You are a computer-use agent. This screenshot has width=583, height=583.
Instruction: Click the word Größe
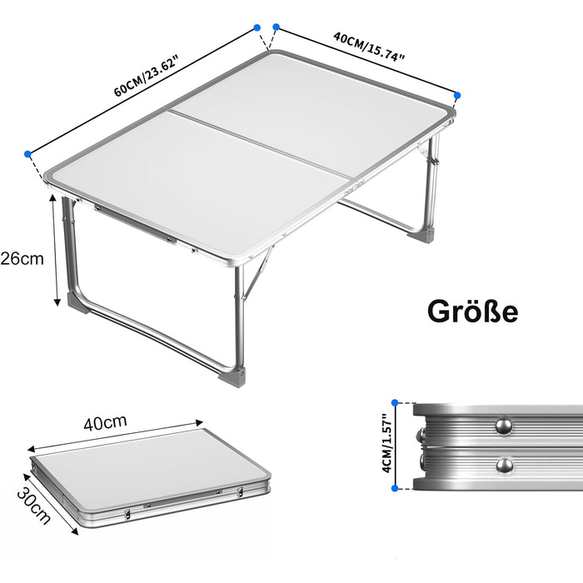(472, 311)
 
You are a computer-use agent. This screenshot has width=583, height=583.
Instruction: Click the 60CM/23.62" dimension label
(146, 75)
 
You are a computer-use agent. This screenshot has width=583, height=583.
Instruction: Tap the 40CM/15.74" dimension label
(369, 47)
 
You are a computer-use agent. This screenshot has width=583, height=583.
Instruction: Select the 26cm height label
(22, 258)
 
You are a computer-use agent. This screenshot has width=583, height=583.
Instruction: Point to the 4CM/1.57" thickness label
(387, 444)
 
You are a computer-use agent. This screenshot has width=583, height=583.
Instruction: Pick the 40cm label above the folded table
(105, 423)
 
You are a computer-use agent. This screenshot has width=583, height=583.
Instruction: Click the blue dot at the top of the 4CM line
(395, 402)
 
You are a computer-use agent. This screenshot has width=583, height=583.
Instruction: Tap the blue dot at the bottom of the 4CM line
(395, 488)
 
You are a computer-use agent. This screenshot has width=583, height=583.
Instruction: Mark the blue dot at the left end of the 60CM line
(27, 154)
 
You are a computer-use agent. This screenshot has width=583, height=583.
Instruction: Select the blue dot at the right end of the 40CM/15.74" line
(457, 96)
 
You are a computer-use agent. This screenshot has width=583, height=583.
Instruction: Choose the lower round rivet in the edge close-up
(505, 466)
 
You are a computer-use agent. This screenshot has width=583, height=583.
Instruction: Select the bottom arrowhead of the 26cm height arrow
(57, 301)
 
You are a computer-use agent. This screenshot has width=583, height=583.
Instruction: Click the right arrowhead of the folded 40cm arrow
(200, 422)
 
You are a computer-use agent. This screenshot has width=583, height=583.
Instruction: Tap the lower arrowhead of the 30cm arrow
(75, 531)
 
